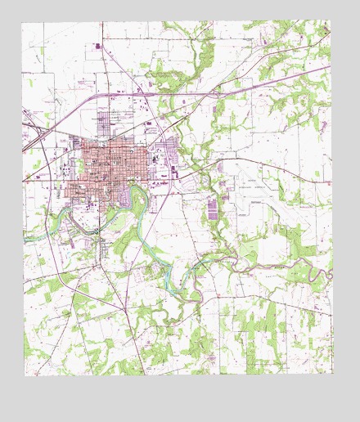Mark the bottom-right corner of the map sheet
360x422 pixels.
[x=334, y=374]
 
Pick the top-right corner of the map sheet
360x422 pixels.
[x=331, y=21]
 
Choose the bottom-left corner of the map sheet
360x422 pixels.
[x=25, y=375]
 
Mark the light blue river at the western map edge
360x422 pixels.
[x=29, y=237]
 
